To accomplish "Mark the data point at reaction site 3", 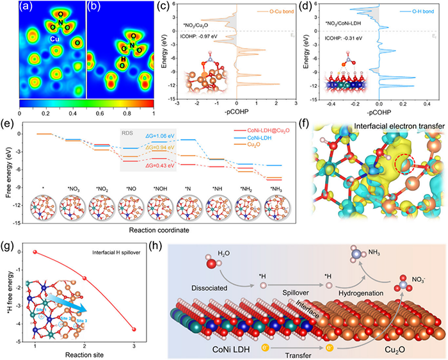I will click(134, 329).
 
